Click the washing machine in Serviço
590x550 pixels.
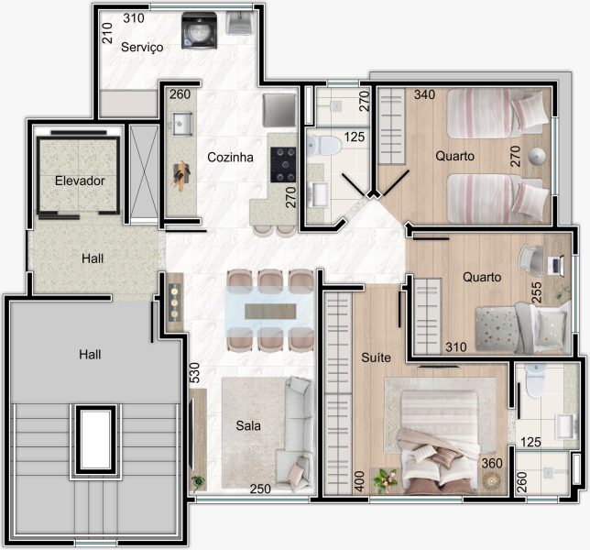pos(200,30)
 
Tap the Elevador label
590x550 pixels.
pos(80,181)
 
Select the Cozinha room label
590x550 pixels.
pos(230,157)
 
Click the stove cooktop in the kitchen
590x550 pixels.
pos(283,165)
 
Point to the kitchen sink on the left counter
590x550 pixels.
pos(182,123)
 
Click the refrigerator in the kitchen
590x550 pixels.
pos(279,110)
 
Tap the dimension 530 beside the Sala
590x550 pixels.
pos(194,373)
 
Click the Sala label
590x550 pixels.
pos(248,425)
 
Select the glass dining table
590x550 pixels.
pos(269,312)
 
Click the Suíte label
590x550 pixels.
pos(376,357)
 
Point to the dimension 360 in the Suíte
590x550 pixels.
pos(492,463)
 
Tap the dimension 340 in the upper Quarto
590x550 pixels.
pos(424,94)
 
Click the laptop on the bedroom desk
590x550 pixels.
pos(555,265)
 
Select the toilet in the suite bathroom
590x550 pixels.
pos(535,380)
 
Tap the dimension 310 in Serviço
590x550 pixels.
pos(134,18)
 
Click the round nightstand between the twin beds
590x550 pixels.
pos(536,156)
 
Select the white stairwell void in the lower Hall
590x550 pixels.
pos(95,439)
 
